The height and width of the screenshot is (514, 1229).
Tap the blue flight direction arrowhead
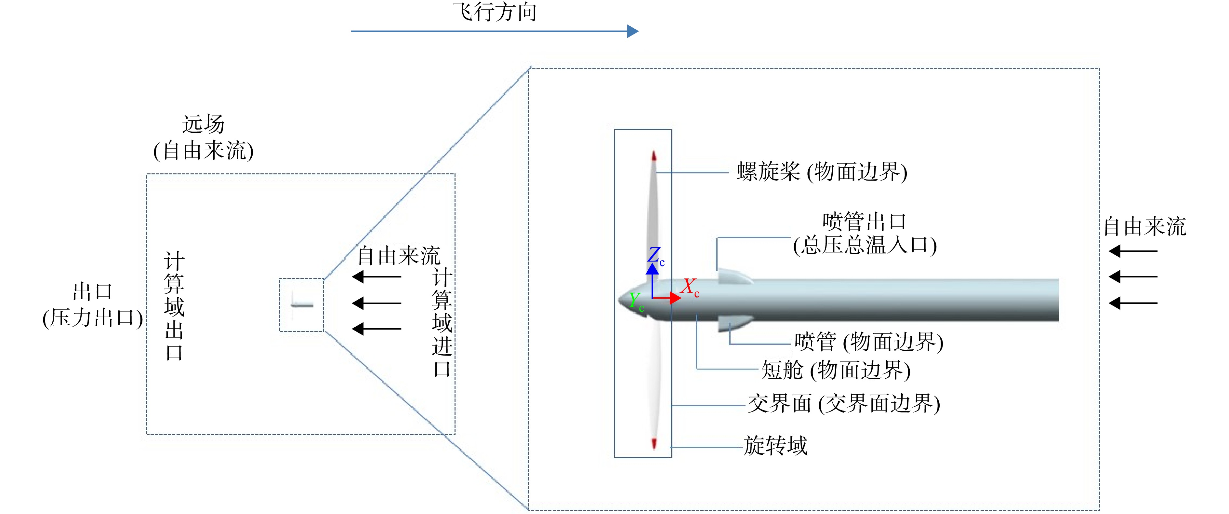coord(633,31)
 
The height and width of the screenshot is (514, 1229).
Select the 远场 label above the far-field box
coord(203,124)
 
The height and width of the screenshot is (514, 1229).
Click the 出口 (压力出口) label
coord(93,305)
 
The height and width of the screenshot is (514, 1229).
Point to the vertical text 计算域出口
coord(174,305)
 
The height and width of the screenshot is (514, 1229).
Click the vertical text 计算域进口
coord(442,322)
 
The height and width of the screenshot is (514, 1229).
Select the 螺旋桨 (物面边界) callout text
coord(822,172)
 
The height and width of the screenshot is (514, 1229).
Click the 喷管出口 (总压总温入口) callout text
coord(865,233)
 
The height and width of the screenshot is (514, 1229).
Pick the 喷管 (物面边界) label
coord(869,342)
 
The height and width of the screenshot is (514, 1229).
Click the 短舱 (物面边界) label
coord(836,370)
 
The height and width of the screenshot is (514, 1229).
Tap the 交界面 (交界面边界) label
coord(843,404)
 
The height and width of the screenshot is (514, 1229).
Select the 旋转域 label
coord(776,446)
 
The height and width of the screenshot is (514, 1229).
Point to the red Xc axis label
coord(690,287)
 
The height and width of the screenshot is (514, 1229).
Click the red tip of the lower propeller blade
coord(654,443)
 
